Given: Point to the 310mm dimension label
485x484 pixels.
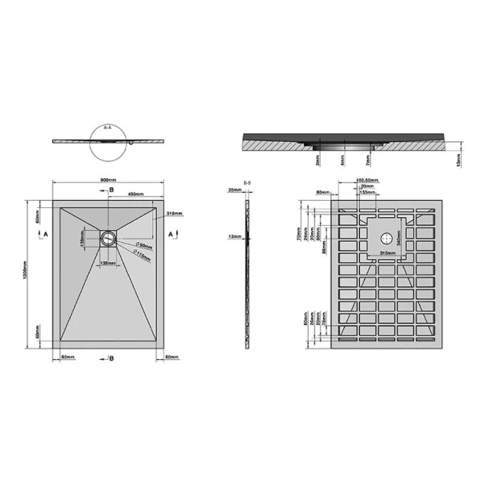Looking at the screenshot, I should coord(175,214).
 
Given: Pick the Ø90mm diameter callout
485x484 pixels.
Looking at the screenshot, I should coord(145,245).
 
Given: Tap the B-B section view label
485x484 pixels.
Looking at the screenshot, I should coord(248,184).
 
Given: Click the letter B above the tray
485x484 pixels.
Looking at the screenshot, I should coord(112,190).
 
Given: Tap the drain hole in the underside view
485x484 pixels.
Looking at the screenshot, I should coord(388,238).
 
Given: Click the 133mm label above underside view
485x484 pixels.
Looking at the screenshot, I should coord(367,193).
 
